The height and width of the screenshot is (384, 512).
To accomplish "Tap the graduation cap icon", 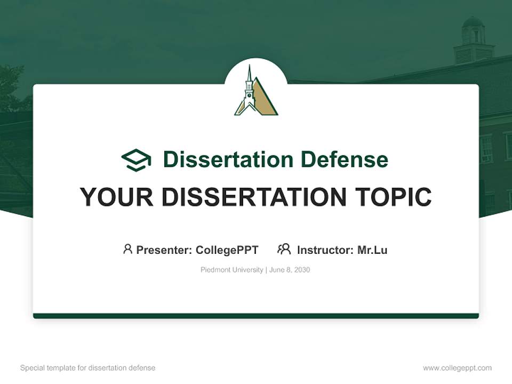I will tap(136, 160).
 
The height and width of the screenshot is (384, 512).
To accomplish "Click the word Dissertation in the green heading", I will tap(228, 159).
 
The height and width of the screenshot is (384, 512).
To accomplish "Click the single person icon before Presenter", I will tap(127, 249).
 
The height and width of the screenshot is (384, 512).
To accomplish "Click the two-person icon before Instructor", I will tap(284, 249).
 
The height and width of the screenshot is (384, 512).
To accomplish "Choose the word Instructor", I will tap(325, 250).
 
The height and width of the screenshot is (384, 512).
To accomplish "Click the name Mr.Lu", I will tap(372, 250).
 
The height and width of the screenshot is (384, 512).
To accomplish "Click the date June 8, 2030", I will tap(290, 270).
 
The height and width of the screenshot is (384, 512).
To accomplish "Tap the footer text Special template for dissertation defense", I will tap(87, 368).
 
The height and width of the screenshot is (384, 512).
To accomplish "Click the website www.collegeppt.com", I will tap(457, 368).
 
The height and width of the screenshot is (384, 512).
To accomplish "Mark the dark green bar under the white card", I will tap(256, 316).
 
